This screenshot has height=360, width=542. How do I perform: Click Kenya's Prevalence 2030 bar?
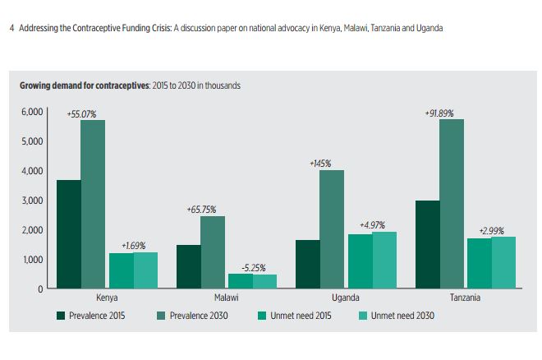tap(93, 205)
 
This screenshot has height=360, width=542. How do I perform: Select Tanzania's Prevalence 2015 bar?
tap(428, 244)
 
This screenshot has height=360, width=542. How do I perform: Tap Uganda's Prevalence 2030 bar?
tap(332, 229)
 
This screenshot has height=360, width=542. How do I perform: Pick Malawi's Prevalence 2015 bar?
tap(188, 266)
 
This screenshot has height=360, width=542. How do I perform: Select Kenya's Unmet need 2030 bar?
tap(145, 270)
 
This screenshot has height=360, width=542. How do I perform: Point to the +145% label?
tap(320, 164)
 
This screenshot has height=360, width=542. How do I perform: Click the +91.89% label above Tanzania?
tap(439, 113)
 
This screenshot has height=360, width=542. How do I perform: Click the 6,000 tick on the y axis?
tap(30, 112)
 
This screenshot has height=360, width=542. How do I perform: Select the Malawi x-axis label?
tap(226, 298)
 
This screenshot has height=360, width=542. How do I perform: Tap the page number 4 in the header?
tap(11, 28)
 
